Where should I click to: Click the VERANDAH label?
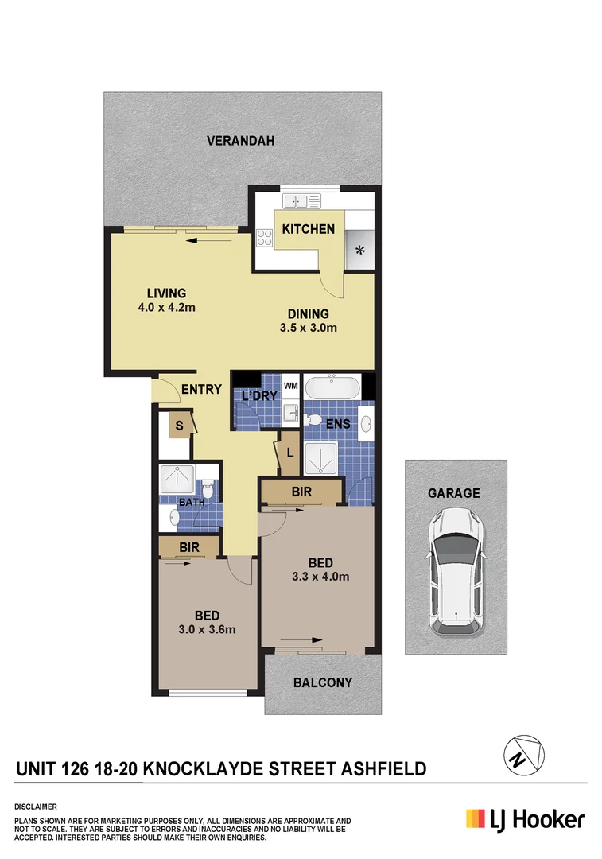pyautogui.click(x=240, y=141)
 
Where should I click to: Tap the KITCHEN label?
pyautogui.click(x=308, y=229)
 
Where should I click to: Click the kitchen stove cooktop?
pyautogui.click(x=264, y=236)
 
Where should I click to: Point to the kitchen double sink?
pyautogui.click(x=302, y=202)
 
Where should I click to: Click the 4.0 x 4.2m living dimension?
pyautogui.click(x=166, y=306)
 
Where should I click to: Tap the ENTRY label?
pyautogui.click(x=201, y=389)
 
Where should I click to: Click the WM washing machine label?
pyautogui.click(x=291, y=387)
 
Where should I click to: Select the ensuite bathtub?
pyautogui.click(x=332, y=388)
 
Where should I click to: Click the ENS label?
pyautogui.click(x=338, y=424)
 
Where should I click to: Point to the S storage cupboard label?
pyautogui.click(x=179, y=426)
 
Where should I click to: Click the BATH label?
pyautogui.click(x=191, y=502)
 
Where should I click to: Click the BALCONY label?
pyautogui.click(x=322, y=682)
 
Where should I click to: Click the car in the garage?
pyautogui.click(x=456, y=571)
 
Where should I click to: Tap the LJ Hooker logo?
pyautogui.click(x=524, y=819)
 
